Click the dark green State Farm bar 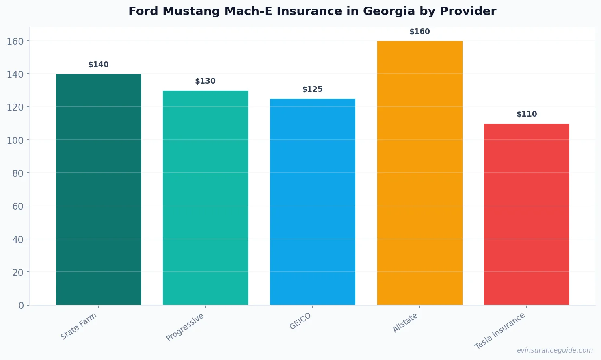coord(98,189)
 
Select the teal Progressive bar coord(205,197)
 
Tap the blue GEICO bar coord(312,202)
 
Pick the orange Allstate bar coord(419,173)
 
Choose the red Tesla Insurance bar coord(526,214)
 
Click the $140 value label coord(98,65)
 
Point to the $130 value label coord(205,81)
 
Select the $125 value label coord(312,89)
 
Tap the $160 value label coord(419,32)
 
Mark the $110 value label coord(526,114)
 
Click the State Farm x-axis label coord(79,326)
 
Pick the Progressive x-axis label coord(185,327)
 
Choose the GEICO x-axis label coord(300,321)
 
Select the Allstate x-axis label coord(405,323)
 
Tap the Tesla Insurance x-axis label coord(500,331)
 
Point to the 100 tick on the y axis coord(15,140)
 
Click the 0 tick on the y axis coord(21,306)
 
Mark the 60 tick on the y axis coord(18,206)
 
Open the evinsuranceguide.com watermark coord(555,350)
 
